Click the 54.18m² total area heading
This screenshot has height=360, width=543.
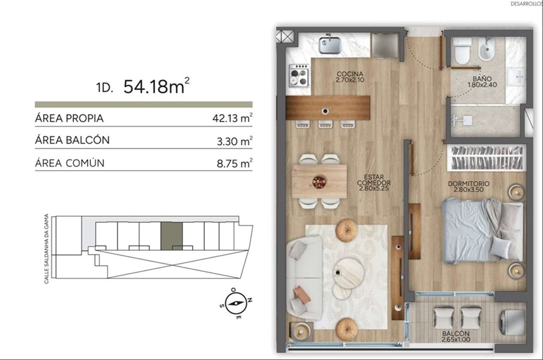click(156, 86)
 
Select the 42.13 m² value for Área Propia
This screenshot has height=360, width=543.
click(233, 118)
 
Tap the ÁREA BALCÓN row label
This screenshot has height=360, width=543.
click(72, 140)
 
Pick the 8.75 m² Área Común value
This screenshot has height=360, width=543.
click(235, 163)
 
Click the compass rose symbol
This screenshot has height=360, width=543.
click(236, 303)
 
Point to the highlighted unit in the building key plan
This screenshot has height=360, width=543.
click(172, 236)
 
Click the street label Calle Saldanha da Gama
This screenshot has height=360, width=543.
click(46, 249)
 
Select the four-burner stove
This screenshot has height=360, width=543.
click(299, 76)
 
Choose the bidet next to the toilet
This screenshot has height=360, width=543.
click(486, 49)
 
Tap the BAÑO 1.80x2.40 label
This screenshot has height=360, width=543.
click(482, 82)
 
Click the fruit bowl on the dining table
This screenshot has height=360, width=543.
click(319, 182)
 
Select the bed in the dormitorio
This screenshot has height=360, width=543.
click(482, 231)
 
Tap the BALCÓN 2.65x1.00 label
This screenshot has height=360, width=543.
click(455, 336)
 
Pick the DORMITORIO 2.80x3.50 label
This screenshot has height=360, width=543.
click(469, 186)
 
